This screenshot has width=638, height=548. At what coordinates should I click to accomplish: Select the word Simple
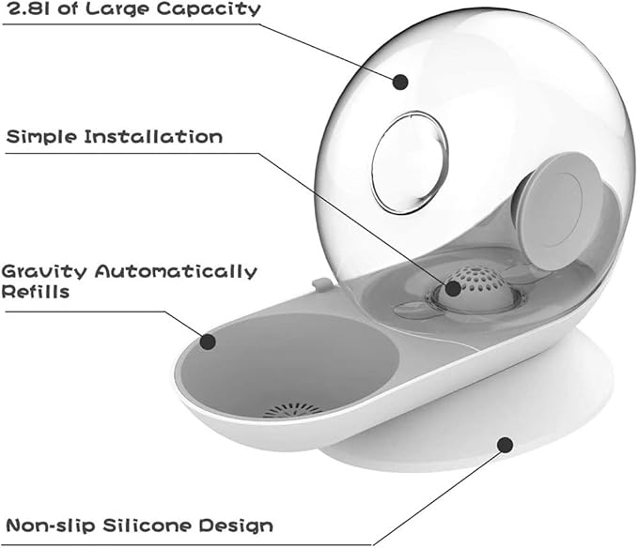41,137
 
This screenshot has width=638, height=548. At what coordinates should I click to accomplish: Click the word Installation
153,136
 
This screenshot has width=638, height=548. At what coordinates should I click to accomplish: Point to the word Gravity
44,272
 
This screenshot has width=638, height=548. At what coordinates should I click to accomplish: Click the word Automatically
176,272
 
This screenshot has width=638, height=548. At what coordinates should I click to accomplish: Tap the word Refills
36,292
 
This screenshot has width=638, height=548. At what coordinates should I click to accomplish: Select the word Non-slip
51,525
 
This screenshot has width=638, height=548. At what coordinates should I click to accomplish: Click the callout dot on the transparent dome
400,82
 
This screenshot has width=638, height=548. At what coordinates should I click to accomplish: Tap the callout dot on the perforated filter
453,288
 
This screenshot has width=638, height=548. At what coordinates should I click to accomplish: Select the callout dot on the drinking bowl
208,342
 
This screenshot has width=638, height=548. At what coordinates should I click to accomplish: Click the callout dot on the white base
505,445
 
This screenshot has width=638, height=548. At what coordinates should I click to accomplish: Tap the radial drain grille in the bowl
292,410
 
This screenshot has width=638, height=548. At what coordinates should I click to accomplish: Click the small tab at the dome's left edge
321,284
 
